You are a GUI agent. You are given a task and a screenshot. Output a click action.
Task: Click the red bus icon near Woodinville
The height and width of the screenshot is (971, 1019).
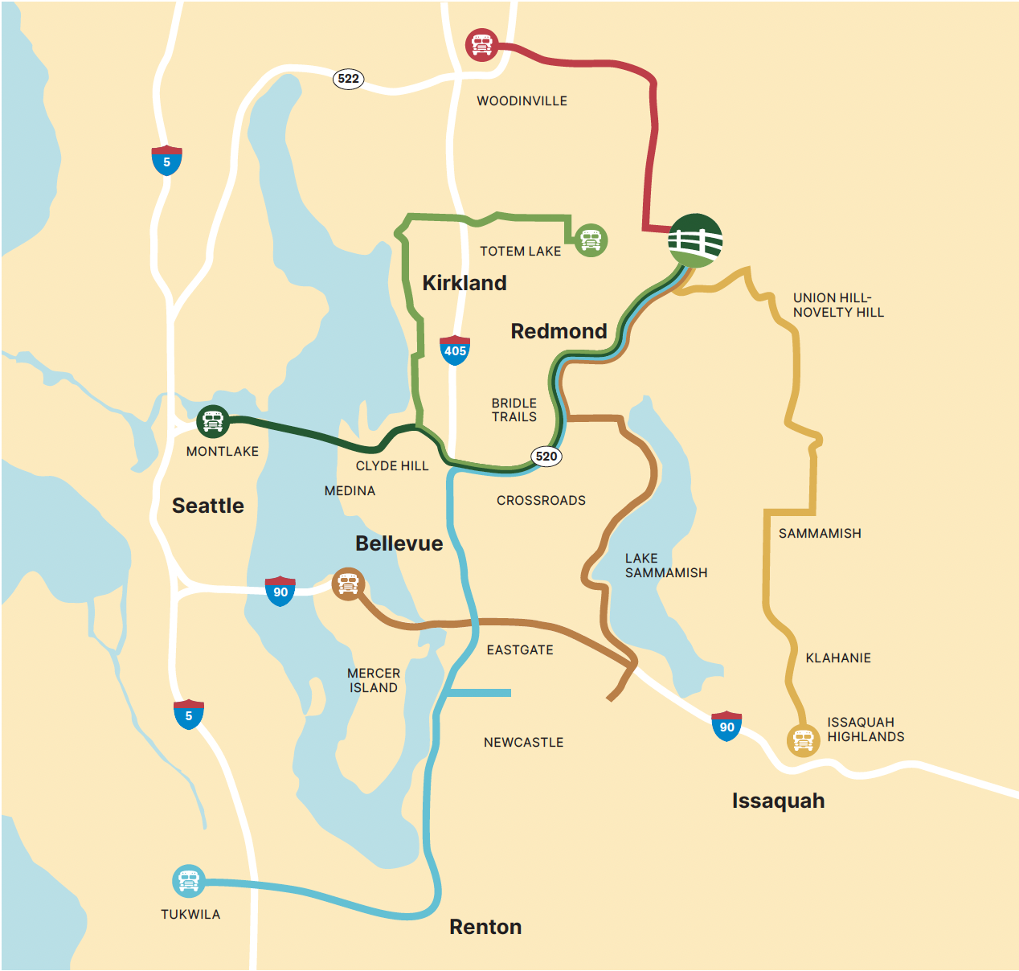click(481, 45)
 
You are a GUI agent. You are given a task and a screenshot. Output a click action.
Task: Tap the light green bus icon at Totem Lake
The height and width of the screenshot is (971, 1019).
click(591, 240)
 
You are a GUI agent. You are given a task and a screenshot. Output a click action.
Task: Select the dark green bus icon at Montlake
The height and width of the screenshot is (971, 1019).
click(213, 420)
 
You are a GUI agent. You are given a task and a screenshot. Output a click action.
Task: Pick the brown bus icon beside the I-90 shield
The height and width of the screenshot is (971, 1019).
click(348, 584)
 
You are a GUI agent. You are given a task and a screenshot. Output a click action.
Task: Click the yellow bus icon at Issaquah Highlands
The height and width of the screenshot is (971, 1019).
click(803, 740)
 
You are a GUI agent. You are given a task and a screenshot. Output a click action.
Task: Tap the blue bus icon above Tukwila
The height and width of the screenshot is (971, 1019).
click(189, 882)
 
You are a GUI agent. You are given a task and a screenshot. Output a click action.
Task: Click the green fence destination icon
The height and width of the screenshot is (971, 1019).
click(696, 240)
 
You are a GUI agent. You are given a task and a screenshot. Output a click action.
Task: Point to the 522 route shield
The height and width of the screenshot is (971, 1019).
click(349, 79)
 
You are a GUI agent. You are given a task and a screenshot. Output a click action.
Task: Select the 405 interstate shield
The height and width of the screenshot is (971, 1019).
click(455, 350)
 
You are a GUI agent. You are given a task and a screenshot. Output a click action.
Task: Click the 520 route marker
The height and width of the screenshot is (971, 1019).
click(546, 457)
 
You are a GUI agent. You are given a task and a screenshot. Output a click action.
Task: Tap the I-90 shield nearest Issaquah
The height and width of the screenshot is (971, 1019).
click(726, 726)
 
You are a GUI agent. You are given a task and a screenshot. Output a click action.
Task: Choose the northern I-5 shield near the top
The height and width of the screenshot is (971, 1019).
click(166, 161)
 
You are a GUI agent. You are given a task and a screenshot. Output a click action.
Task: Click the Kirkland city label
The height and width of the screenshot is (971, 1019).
click(464, 283)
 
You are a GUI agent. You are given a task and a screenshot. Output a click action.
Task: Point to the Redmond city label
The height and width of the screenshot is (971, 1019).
click(559, 331)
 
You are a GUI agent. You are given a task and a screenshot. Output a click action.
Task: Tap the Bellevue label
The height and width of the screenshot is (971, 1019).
click(399, 543)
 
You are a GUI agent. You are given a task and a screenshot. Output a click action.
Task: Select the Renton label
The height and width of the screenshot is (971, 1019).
click(485, 927)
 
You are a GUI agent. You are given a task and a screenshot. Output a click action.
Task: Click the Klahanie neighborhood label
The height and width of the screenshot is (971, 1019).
click(838, 658)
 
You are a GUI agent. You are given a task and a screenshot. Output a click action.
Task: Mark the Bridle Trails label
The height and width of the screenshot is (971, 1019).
click(514, 410)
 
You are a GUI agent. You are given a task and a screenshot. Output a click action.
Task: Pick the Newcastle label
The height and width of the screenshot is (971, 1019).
click(523, 743)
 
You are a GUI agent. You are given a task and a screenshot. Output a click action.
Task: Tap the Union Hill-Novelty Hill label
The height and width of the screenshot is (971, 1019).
click(838, 305)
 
